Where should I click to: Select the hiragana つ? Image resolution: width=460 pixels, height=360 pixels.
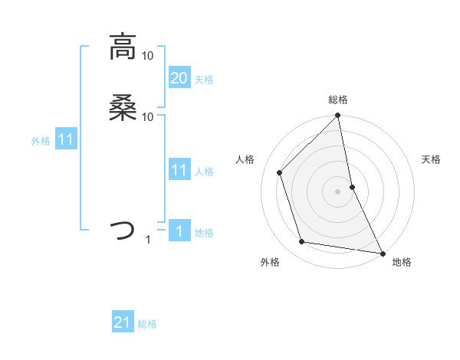tap(123, 229)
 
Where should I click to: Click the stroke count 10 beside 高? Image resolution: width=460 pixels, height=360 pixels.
tap(148, 55)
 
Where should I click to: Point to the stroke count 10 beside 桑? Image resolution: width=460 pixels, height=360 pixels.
tap(148, 116)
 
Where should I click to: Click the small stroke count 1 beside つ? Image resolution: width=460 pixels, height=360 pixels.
tap(148, 240)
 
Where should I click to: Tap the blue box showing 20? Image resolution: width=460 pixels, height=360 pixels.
tap(179, 77)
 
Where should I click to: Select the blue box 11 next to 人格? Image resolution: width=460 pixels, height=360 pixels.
tap(179, 169)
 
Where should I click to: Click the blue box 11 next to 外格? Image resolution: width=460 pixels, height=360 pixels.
tap(66, 139)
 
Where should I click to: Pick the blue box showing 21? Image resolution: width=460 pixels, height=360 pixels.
tap(123, 322)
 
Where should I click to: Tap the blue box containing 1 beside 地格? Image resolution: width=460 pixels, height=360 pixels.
tap(179, 231)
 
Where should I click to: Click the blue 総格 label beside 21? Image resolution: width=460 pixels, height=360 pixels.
tap(147, 324)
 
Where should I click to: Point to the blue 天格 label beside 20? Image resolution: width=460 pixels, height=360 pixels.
tap(204, 80)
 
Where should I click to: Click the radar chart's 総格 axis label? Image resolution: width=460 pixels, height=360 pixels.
tap(338, 100)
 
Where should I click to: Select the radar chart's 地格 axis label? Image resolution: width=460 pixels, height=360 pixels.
tap(402, 262)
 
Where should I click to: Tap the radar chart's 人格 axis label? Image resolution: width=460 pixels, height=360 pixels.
tap(245, 159)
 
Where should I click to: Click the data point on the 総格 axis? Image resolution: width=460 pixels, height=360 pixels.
tap(338, 116)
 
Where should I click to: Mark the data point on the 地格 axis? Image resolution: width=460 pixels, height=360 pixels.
tap(382, 252)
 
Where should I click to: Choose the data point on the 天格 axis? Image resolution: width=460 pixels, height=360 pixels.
tap(352, 186)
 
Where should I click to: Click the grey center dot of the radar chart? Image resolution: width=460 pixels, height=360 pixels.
tap(338, 191)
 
